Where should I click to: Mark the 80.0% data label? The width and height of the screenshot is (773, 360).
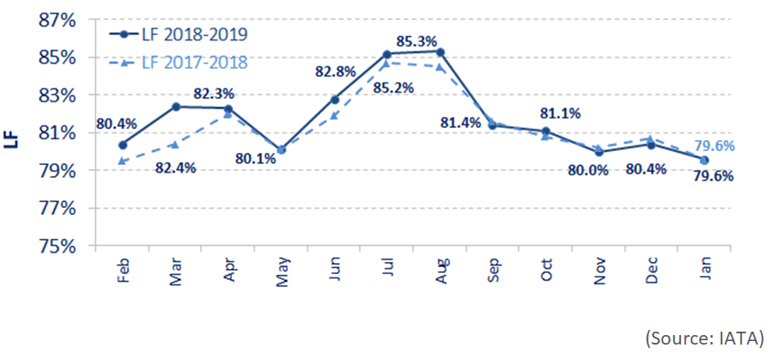pos(588,170)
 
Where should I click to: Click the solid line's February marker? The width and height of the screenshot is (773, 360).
pos(124,144)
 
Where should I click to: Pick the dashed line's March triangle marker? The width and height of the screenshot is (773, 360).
pos(176,144)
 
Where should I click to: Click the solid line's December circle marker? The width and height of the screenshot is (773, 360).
pos(651,144)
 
